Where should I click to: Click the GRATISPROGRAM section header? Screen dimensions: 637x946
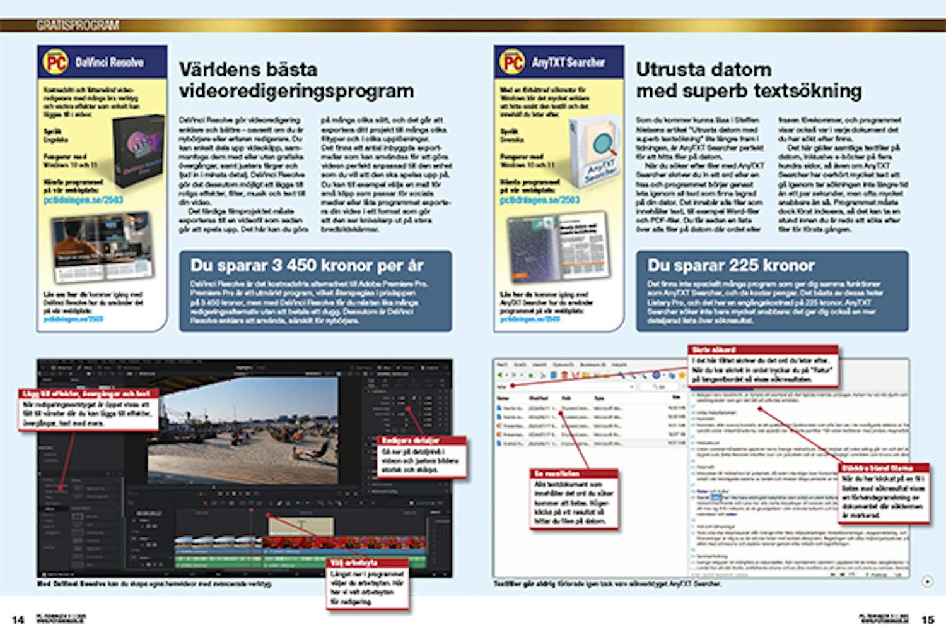(78, 25)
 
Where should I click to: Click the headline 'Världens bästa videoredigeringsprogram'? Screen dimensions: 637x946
(296, 80)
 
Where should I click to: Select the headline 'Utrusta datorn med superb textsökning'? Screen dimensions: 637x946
(748, 80)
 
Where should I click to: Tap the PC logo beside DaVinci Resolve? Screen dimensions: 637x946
(55, 62)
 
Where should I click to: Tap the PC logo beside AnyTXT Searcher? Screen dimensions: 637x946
(512, 62)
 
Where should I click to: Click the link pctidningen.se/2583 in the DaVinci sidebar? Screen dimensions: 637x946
(83, 199)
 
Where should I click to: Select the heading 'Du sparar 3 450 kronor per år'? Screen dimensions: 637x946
(307, 265)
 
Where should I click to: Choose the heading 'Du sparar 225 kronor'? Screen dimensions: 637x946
(731, 265)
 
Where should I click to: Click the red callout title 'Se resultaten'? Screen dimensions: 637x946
(557, 473)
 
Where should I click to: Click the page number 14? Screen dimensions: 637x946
(18, 619)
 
